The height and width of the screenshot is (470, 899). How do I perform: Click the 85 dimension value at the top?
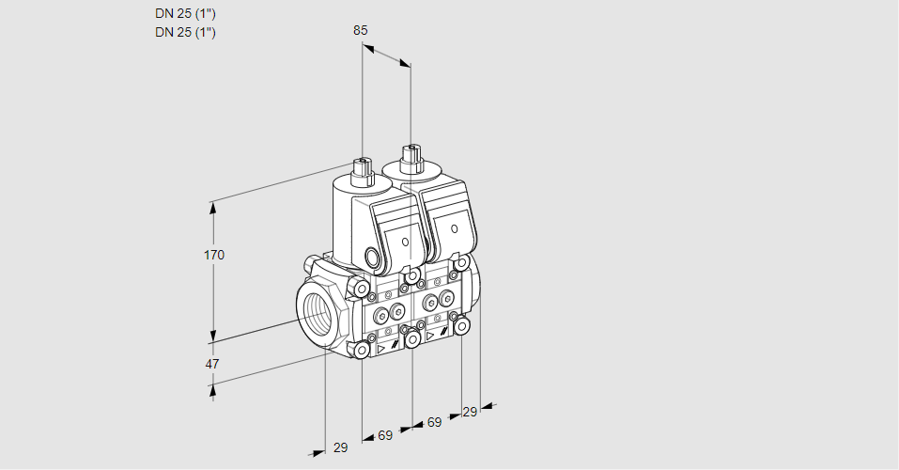point(361,30)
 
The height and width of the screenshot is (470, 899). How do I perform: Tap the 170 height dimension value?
point(214,255)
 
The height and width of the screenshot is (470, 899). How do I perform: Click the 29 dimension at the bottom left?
point(340,447)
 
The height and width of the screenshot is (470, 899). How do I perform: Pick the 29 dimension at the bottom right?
point(471,412)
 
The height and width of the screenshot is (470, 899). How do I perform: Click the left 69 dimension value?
point(385,435)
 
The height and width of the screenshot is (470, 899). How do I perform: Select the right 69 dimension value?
point(434,422)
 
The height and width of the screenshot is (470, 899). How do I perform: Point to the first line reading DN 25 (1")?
point(185,14)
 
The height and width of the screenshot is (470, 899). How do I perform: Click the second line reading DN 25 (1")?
point(185,33)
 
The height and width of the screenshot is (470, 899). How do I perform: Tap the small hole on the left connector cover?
point(406,242)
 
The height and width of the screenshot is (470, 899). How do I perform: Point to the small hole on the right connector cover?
point(455,228)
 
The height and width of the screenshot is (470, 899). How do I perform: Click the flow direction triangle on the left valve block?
point(381,348)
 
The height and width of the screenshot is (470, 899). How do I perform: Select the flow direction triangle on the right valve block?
point(430,335)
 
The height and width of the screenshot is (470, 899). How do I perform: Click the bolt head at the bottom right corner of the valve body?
point(462,325)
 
